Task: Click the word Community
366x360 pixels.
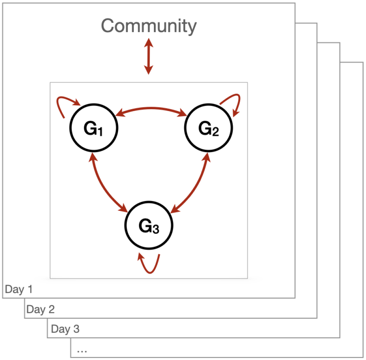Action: (x=149, y=26)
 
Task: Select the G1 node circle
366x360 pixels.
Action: (x=93, y=128)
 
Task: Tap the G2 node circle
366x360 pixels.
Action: (x=208, y=128)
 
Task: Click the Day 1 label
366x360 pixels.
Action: (x=19, y=289)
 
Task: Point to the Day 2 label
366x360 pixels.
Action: (x=41, y=309)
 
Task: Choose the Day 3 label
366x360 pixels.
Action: (x=65, y=329)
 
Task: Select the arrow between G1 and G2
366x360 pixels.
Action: (x=151, y=109)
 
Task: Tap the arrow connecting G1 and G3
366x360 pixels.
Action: (x=105, y=183)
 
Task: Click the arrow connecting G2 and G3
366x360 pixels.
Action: (x=194, y=183)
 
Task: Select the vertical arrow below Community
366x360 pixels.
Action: (x=149, y=56)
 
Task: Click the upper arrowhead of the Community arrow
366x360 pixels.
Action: (x=149, y=42)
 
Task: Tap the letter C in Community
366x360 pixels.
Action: (x=108, y=26)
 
